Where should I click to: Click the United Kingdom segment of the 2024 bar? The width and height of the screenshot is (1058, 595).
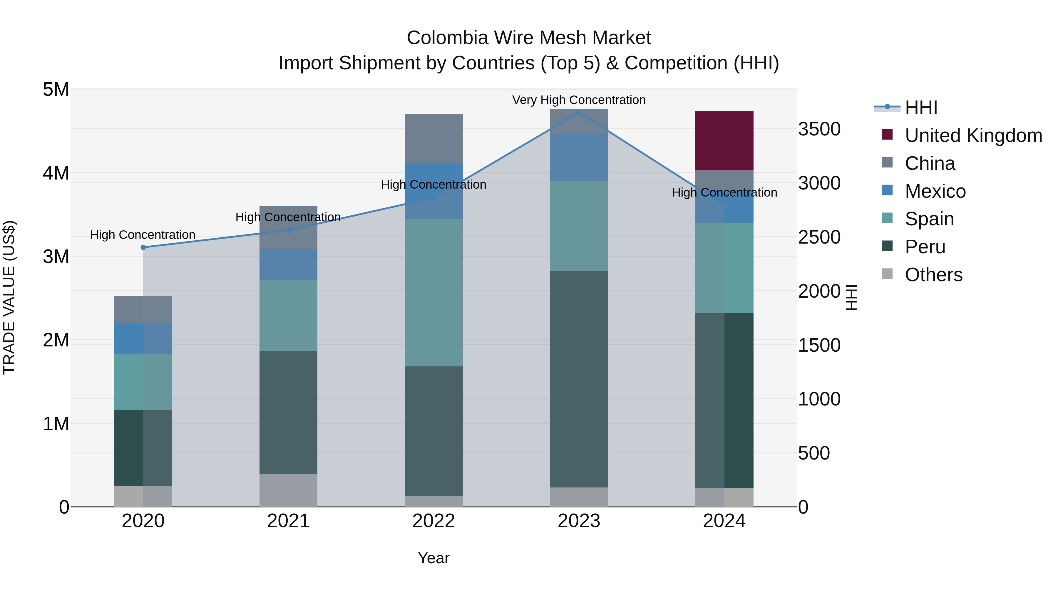(x=724, y=140)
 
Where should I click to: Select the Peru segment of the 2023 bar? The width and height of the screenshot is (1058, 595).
(x=579, y=379)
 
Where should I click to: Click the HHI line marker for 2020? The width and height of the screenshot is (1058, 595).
(x=143, y=247)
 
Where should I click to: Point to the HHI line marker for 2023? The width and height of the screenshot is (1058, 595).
(x=579, y=112)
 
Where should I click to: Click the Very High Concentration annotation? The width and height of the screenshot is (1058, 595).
(x=579, y=100)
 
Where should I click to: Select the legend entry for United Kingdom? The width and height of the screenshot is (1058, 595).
(x=973, y=135)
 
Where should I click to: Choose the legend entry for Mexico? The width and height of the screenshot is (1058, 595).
(x=935, y=191)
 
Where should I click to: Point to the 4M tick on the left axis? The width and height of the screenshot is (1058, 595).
(x=56, y=173)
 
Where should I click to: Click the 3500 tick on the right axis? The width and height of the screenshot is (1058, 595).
(x=819, y=129)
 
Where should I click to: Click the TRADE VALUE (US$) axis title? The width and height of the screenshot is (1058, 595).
(x=9, y=297)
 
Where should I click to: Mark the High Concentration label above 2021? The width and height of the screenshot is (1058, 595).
(x=288, y=217)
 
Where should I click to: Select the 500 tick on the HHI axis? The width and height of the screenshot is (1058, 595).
(x=813, y=453)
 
